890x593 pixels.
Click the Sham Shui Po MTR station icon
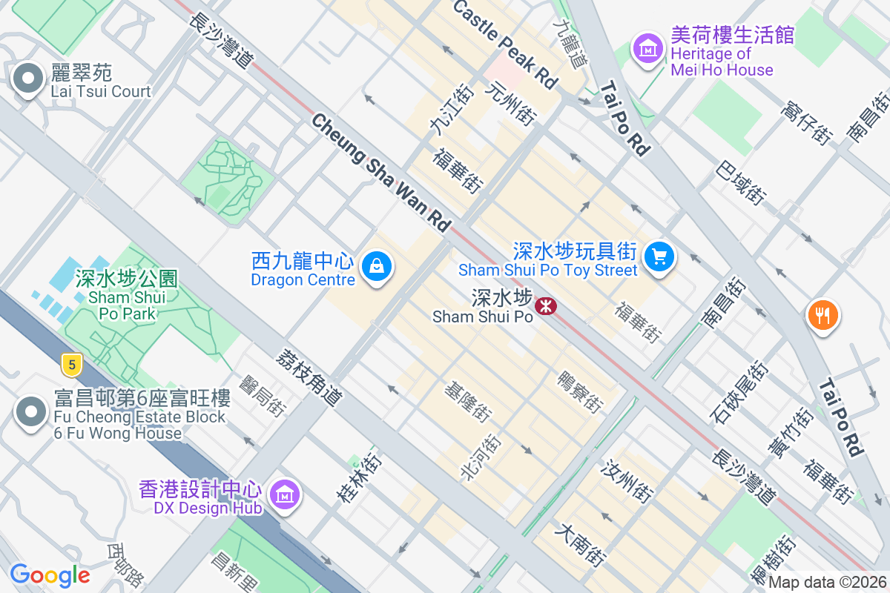click(547, 305)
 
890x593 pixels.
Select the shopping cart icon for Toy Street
click(659, 256)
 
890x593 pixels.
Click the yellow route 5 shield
click(71, 364)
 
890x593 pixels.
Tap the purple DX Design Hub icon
click(285, 494)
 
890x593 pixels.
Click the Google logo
click(50, 575)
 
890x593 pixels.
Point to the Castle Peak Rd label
click(504, 44)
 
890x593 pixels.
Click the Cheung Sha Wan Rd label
click(381, 171)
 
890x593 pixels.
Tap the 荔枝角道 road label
click(308, 377)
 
